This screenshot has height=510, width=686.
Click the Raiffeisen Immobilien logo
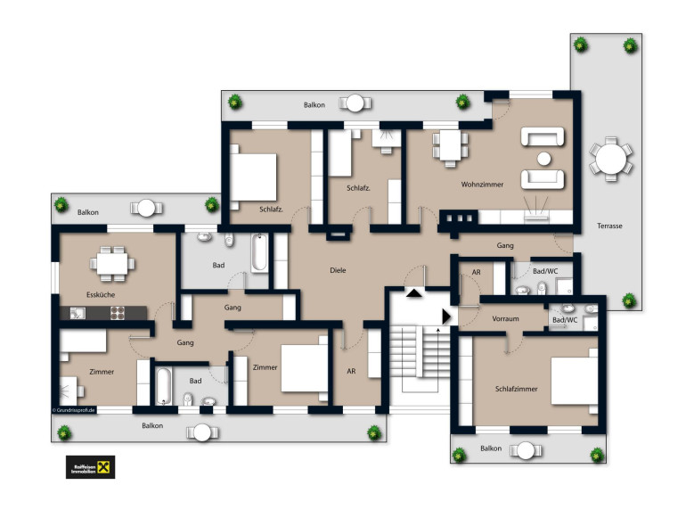pos(91,467)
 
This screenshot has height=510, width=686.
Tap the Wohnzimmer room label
pos(482,185)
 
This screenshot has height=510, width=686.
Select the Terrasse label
pos(609,226)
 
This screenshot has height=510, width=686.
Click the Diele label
pos(338,270)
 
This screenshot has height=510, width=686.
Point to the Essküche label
pos(101,294)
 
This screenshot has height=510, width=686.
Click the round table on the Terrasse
pos(611,159)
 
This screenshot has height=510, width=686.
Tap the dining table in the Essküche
pos(112,264)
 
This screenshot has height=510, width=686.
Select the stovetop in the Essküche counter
pos(118,313)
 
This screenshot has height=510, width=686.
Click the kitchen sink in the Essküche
pos(78,313)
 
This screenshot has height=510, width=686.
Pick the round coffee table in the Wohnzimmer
pos(543,159)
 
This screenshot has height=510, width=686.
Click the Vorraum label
pos(505,318)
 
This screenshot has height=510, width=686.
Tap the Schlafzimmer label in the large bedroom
pos(516,389)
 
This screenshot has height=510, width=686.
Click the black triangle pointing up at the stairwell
pos(414,292)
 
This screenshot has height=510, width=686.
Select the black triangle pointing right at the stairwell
pos(446,317)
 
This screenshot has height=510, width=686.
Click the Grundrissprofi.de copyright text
pos(73,410)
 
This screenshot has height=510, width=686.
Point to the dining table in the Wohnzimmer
pos(450,145)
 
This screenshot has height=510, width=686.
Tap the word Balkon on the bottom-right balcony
pos(491,448)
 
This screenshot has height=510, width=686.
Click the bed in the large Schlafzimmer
pos(575,382)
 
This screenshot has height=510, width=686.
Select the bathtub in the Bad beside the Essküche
pos(259,253)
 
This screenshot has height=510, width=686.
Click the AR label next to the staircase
pos(351,371)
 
